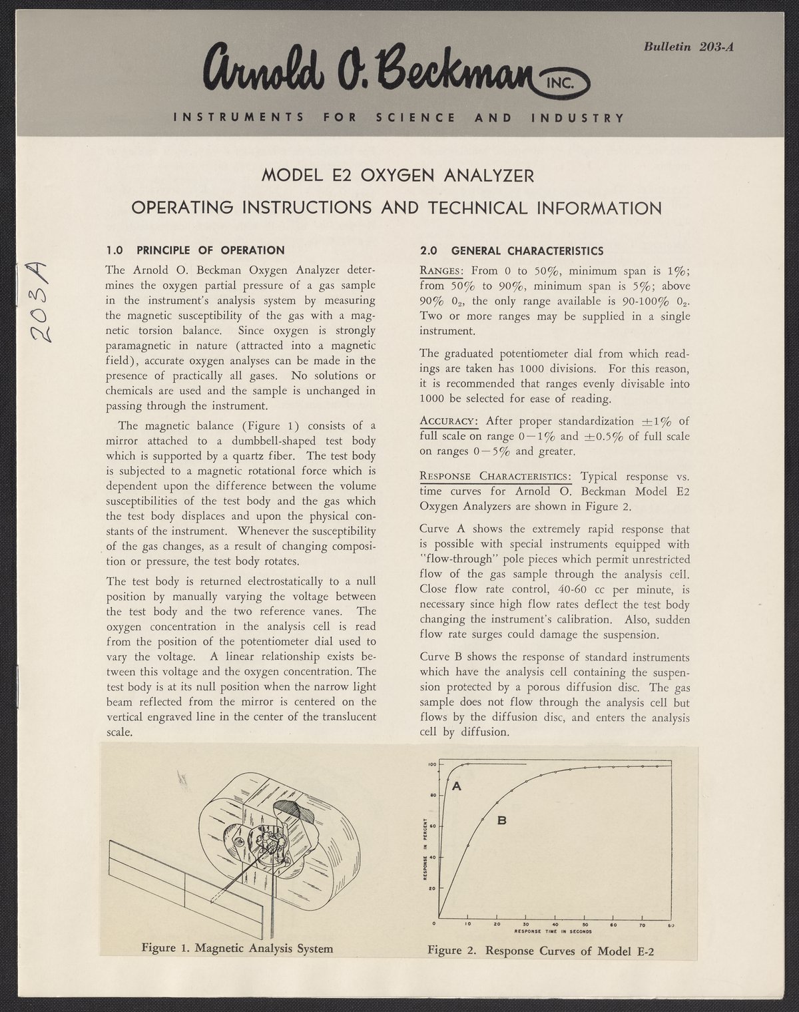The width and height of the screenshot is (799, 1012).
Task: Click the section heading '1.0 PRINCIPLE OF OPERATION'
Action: coord(196,250)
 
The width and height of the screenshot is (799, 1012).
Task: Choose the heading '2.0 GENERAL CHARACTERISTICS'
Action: coord(511,251)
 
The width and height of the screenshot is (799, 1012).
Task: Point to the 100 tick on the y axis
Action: coord(431,765)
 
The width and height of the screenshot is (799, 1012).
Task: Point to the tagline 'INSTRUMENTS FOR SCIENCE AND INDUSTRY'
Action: coord(398,118)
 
